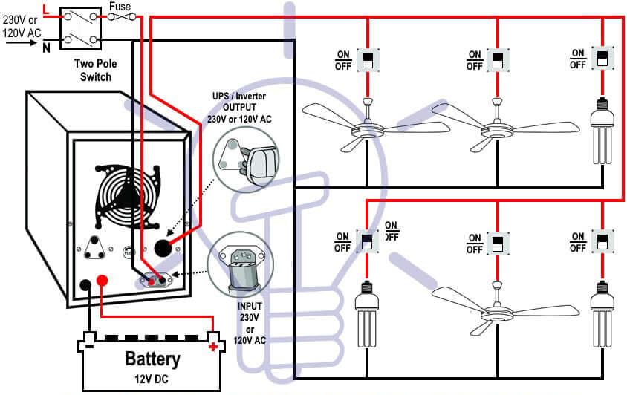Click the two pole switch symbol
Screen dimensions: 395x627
point(79,27)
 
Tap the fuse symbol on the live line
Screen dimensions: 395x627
point(121,16)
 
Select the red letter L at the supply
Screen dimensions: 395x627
point(47,10)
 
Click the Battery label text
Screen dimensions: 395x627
point(152,359)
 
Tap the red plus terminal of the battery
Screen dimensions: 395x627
point(213,346)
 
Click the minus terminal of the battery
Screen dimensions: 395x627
point(89,346)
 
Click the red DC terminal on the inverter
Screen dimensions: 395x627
point(103,281)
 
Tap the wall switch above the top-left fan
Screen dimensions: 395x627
point(367,59)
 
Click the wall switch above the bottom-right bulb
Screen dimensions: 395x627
point(602,242)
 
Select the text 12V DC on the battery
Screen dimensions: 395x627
point(152,379)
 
